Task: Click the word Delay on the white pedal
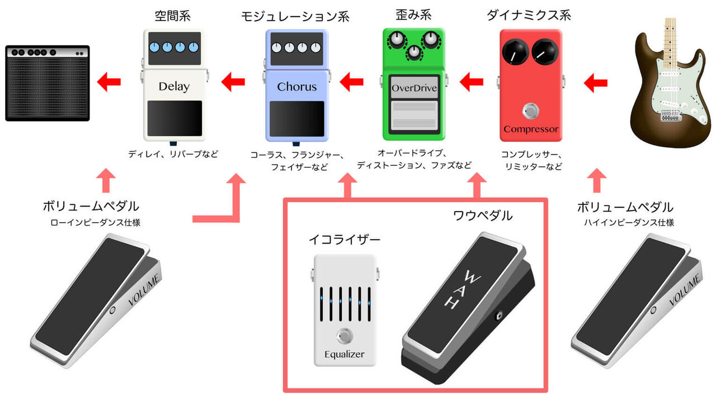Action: coord(174,87)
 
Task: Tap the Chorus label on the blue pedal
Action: coord(296,87)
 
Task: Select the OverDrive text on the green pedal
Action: coord(414,88)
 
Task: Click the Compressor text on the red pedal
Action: coord(531,130)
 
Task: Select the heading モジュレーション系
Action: coord(295,16)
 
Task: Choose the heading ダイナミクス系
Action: coord(529,15)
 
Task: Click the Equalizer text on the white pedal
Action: coord(344,355)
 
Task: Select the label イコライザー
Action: coord(345,240)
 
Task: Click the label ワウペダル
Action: coord(482,216)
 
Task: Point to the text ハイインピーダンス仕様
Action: coord(625,222)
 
